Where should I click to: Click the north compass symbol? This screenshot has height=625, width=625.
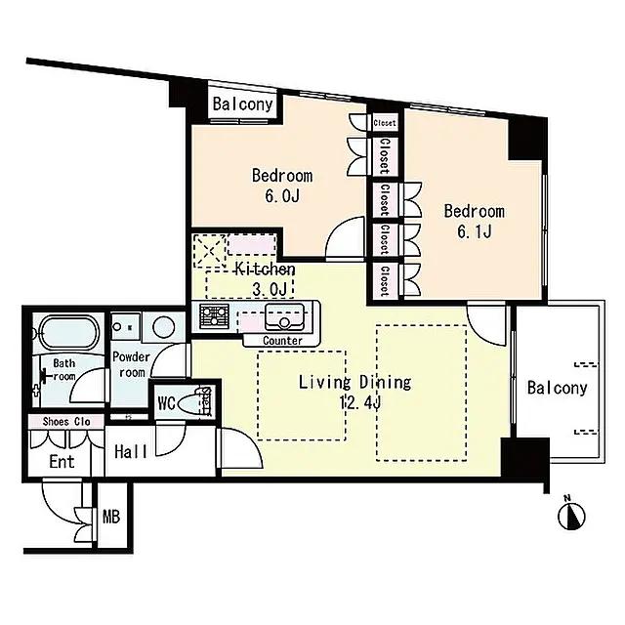(571, 517)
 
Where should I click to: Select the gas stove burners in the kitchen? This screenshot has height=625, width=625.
(214, 316)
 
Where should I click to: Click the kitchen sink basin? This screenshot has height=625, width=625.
(284, 315)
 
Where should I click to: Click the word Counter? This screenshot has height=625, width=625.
(282, 341)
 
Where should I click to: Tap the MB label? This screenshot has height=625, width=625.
(111, 517)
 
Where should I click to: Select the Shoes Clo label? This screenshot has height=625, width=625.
(66, 421)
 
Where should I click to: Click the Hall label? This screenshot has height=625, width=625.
(131, 451)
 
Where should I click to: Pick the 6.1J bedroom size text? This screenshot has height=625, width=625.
(474, 231)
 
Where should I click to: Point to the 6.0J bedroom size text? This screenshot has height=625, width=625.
(282, 195)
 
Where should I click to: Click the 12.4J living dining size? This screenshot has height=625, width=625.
(360, 403)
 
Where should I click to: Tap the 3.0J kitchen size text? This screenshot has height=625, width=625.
(270, 289)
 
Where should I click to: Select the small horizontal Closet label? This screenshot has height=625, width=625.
(385, 123)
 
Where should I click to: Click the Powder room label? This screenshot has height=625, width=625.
(131, 364)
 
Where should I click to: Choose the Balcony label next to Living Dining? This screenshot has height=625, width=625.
(558, 388)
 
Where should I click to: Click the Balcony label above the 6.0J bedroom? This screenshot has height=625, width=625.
(242, 104)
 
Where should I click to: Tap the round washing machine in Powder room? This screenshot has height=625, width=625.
(163, 327)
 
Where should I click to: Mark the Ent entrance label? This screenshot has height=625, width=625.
(62, 462)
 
